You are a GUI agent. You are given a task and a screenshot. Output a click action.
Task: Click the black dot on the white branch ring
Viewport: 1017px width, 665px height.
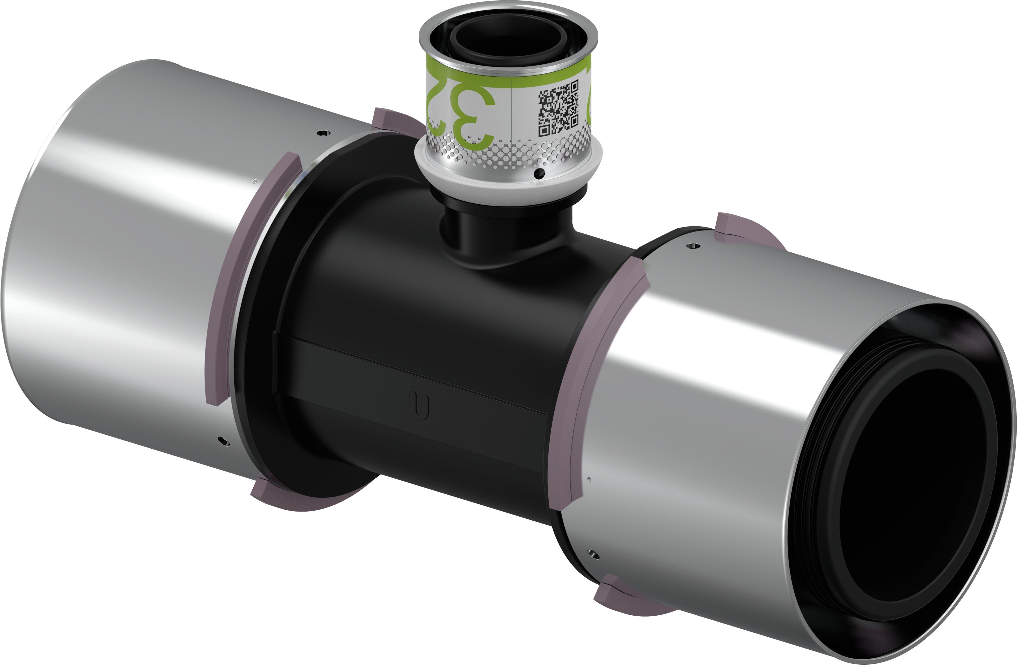point(540,173)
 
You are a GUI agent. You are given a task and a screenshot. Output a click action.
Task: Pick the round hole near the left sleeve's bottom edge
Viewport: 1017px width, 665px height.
point(223,441)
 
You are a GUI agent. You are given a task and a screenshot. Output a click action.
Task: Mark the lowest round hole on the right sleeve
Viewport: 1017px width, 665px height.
point(593,555)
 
